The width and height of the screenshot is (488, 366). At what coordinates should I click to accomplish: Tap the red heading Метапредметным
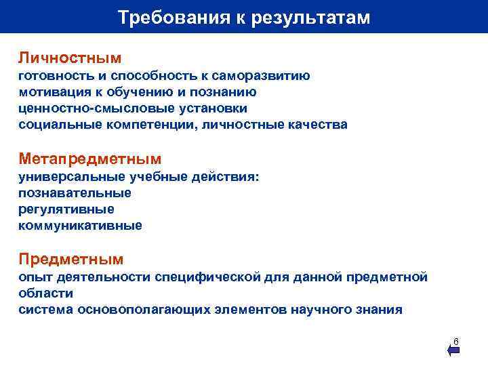pyautogui.click(x=90, y=159)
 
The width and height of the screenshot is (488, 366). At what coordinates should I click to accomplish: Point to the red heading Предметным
pyautogui.click(x=71, y=259)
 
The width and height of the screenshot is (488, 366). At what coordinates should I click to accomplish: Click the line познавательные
pyautogui.click(x=75, y=193)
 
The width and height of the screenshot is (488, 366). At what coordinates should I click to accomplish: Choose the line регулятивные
pyautogui.click(x=66, y=209)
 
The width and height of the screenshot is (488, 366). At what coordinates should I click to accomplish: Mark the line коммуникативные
pyautogui.click(x=81, y=226)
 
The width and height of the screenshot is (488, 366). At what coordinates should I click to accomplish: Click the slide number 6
pyautogui.click(x=456, y=340)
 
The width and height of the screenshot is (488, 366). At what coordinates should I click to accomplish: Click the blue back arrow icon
pyautogui.click(x=453, y=350)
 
